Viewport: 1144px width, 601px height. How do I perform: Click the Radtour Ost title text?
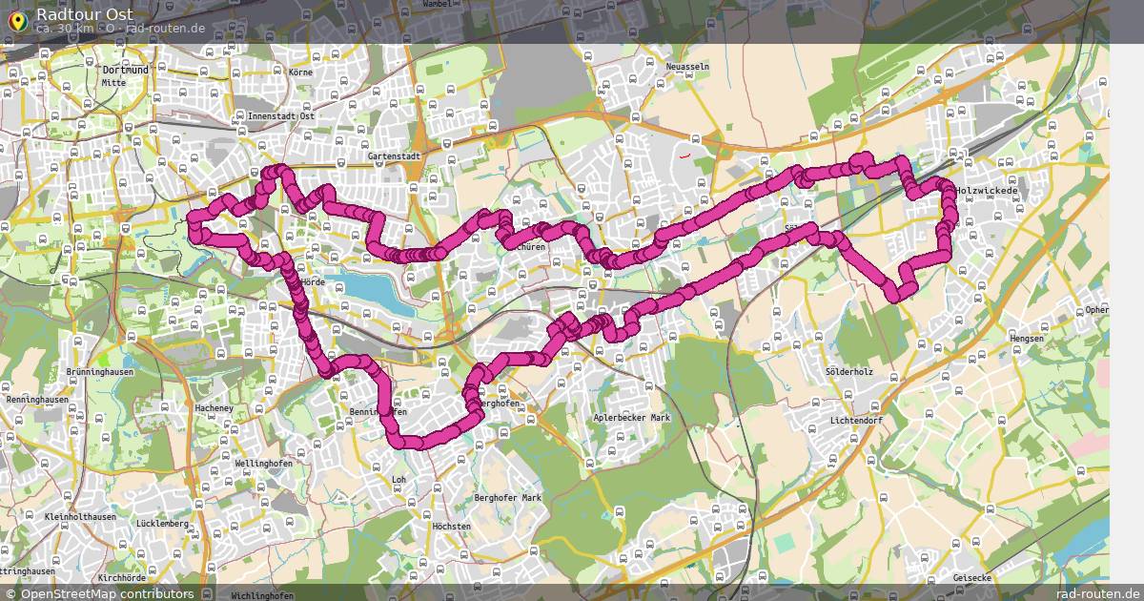pos(85,14)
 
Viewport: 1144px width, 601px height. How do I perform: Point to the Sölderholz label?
pos(850,371)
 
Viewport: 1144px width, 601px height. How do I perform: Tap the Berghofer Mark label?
pos(507,498)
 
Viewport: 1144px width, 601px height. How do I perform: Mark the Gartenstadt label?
pos(394,155)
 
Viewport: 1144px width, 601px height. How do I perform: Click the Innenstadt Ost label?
pos(280,116)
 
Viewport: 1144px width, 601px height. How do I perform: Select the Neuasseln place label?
pos(688,68)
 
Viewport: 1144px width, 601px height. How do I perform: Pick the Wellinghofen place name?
pos(262,463)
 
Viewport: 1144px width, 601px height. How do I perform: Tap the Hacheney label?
pos(214,408)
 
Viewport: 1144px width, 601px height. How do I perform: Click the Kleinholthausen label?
pos(80,517)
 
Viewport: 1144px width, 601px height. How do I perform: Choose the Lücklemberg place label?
pos(162,524)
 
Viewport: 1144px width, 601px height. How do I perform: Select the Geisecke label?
pos(971,578)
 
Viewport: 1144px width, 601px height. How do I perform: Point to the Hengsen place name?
pos(1027,339)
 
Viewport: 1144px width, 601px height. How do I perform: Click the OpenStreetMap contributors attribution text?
pos(107,593)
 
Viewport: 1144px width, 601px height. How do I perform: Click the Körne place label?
pos(300,72)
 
